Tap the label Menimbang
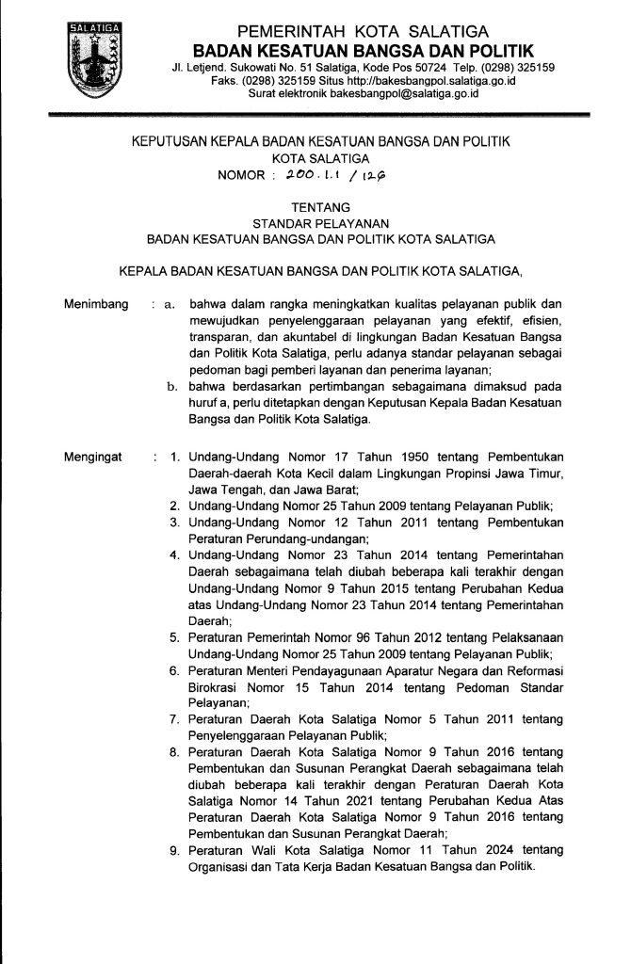tap(96, 304)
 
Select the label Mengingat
tap(94, 458)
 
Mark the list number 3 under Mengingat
tap(174, 521)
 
